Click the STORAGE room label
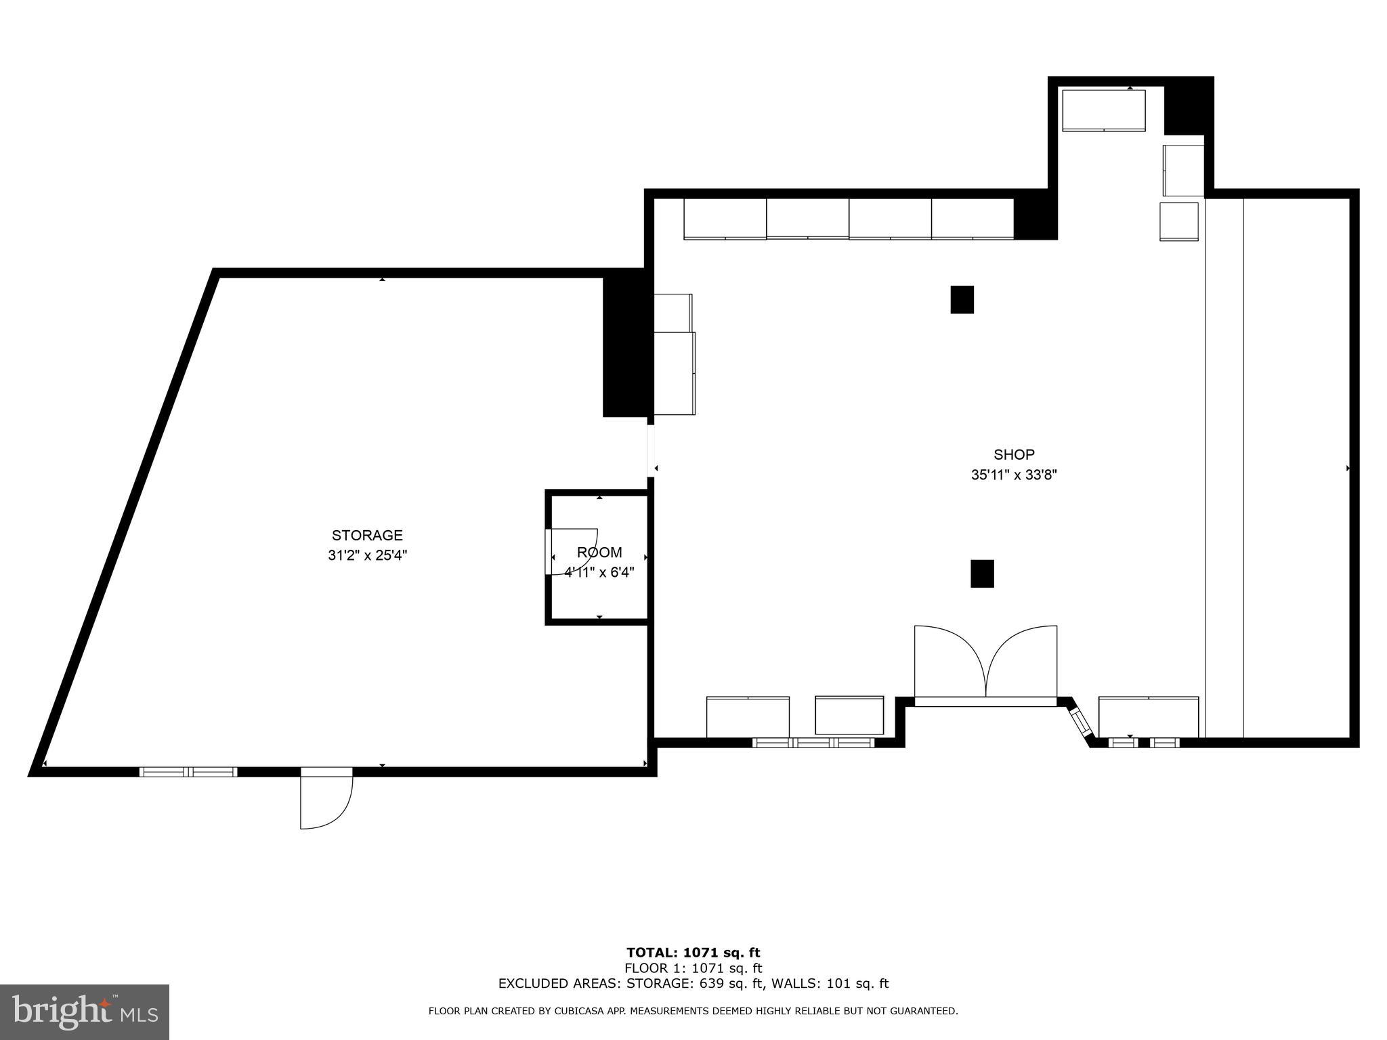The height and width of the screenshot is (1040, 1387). click(x=367, y=536)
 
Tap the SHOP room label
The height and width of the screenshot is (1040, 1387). click(x=1014, y=454)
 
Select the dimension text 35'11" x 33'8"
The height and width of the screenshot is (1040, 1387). click(x=1014, y=475)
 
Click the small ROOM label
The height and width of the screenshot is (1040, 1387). click(x=599, y=552)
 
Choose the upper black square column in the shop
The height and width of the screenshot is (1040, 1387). click(x=962, y=299)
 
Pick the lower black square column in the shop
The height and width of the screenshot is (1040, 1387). click(x=982, y=573)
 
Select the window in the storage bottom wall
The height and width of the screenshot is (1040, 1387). click(x=188, y=772)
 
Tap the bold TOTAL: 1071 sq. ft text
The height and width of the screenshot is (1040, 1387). click(x=693, y=953)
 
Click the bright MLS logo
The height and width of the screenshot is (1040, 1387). click(x=85, y=1012)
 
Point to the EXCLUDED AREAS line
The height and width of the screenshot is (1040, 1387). click(x=693, y=984)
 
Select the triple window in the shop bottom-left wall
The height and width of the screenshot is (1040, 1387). click(x=813, y=743)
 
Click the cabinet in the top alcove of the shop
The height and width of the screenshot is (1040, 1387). click(x=1103, y=110)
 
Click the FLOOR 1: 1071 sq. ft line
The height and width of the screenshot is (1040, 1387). click(x=693, y=968)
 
